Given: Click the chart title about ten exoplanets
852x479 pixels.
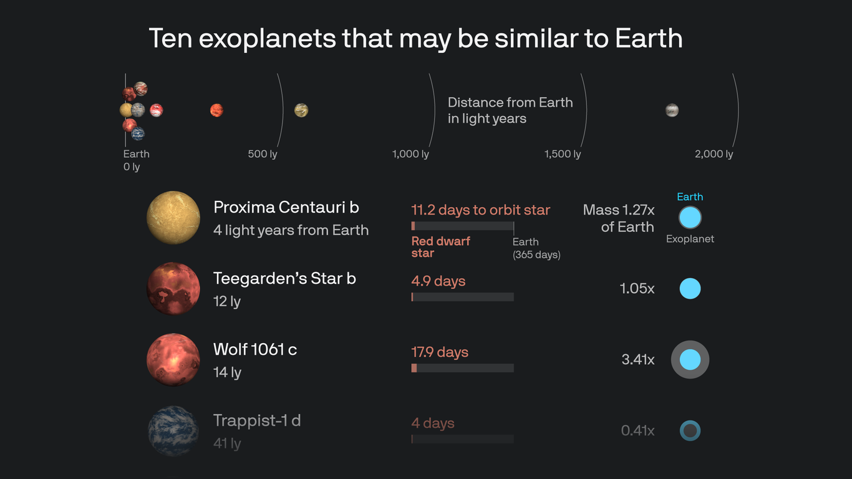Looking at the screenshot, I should [x=415, y=39].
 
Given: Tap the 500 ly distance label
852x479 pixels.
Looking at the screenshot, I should [x=263, y=154].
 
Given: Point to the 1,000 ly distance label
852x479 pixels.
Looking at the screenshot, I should [x=410, y=154].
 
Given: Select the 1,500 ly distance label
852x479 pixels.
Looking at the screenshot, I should [x=562, y=154].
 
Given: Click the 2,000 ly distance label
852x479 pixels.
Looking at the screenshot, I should [x=714, y=154].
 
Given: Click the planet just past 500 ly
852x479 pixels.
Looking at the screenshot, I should [x=301, y=110].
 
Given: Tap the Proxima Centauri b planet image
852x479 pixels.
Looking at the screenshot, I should [x=173, y=218].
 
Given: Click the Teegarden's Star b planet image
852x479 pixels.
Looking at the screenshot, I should [x=173, y=289].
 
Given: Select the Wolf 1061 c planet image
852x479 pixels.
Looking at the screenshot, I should [x=173, y=360].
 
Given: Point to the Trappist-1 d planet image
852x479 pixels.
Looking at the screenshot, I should [x=173, y=431].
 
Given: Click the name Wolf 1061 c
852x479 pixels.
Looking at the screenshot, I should [x=255, y=349].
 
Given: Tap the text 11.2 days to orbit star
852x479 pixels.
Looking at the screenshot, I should [x=480, y=210].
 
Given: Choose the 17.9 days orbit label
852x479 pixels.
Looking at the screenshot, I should [x=440, y=352].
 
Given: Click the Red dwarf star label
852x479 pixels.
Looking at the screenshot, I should [x=440, y=247].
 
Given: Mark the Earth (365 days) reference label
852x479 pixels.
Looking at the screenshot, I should [x=536, y=248].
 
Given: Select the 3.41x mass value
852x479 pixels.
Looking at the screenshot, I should [x=637, y=360].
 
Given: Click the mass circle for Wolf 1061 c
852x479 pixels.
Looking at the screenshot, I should [x=690, y=360].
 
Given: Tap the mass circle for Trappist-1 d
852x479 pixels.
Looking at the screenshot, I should [x=690, y=431].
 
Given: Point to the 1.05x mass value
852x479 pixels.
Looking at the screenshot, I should [x=637, y=289].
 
